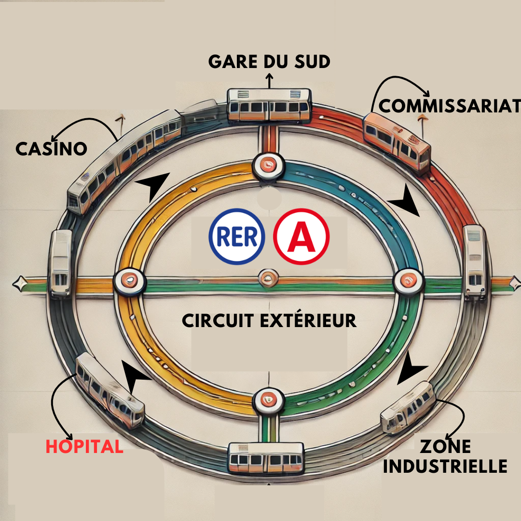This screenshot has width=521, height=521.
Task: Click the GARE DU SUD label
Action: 269,61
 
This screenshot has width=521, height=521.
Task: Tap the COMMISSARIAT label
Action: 450,106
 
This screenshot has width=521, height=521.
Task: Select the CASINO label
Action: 51,149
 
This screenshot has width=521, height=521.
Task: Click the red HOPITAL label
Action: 84,446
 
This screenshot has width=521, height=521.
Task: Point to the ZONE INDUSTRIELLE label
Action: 445,456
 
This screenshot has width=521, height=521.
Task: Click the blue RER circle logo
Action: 236,236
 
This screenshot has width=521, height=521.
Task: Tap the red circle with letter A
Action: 302,236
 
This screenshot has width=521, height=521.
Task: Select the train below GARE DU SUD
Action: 269,105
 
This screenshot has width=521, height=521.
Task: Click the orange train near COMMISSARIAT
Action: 397,142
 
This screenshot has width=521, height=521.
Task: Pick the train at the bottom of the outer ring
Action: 266,458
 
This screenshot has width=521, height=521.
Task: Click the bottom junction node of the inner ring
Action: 269,400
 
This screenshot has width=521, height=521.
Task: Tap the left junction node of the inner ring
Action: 130,281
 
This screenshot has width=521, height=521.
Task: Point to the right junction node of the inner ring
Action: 408,281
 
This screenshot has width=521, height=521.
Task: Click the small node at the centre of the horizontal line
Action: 268,278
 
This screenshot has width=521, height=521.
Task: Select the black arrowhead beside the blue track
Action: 405,201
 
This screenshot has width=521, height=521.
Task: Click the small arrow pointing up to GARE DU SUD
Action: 269,81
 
